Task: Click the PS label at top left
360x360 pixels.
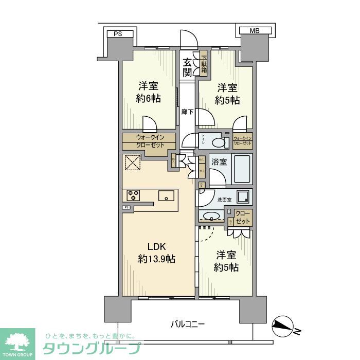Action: point(118,34)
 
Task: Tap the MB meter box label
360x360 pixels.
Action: point(255,31)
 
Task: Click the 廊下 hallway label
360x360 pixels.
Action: point(187,112)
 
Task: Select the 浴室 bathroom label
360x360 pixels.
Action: point(220,162)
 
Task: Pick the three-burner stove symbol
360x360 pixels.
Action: point(134,195)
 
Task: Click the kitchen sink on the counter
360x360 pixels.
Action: point(167,196)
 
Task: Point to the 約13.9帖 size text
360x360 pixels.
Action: point(156,259)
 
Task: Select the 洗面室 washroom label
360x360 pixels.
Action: point(224,200)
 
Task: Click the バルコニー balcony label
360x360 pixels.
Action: point(188,324)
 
